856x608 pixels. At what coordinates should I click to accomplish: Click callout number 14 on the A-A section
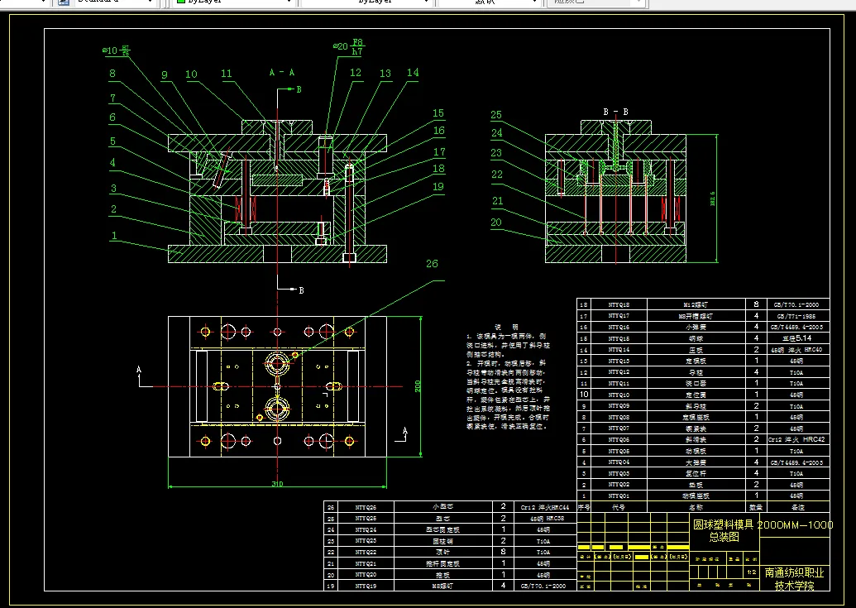pyautogui.click(x=413, y=74)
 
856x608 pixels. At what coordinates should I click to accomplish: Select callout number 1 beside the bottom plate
pyautogui.click(x=113, y=236)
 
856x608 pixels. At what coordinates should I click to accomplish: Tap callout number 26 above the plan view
pyautogui.click(x=432, y=264)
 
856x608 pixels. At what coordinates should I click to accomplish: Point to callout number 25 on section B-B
pyautogui.click(x=496, y=115)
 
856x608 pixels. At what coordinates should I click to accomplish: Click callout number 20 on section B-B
pyautogui.click(x=496, y=222)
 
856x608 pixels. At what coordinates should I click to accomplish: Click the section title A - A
pyautogui.click(x=281, y=73)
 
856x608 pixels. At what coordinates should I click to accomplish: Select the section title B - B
pyautogui.click(x=616, y=111)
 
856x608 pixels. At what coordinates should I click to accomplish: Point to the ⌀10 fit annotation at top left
pyautogui.click(x=117, y=51)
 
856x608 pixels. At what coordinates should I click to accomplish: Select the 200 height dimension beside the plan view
pyautogui.click(x=418, y=385)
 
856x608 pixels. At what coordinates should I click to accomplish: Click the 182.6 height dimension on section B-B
pyautogui.click(x=713, y=199)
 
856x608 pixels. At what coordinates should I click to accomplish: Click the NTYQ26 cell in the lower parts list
pyautogui.click(x=365, y=507)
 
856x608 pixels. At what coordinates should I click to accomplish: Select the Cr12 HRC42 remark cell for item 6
pyautogui.click(x=796, y=439)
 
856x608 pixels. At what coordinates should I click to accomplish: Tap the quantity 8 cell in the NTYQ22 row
pyautogui.click(x=503, y=551)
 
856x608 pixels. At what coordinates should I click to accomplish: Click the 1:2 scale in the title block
pyautogui.click(x=751, y=572)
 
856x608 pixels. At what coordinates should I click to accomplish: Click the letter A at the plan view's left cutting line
pyautogui.click(x=140, y=369)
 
